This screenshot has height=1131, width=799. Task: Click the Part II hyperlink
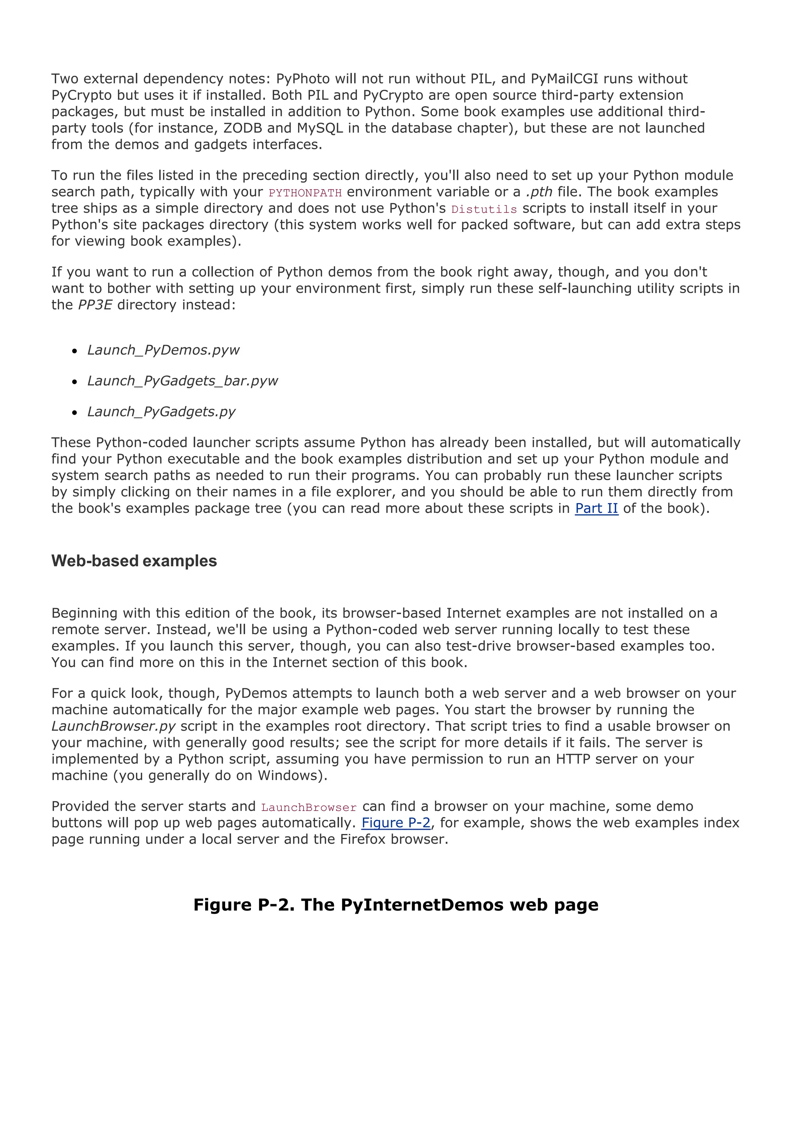[x=596, y=509]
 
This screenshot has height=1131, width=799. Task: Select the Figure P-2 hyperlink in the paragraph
[x=396, y=823]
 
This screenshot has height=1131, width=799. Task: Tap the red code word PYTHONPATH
[x=305, y=193]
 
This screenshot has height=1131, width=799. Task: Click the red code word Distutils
[x=484, y=209]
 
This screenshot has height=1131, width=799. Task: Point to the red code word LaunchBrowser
[x=309, y=807]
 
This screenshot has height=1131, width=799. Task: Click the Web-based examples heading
[x=134, y=561]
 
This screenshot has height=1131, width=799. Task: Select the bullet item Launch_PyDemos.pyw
[x=163, y=350]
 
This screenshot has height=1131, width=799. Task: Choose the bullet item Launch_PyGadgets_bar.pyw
[x=183, y=381]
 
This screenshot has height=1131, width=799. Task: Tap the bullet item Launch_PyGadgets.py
[x=162, y=412]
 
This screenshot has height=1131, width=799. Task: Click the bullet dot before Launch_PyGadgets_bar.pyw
[x=75, y=382]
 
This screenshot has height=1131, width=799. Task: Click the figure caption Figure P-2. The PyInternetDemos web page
[x=396, y=905]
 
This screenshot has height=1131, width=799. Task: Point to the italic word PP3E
[x=95, y=305]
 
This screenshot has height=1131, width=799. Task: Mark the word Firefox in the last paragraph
[x=363, y=839]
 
